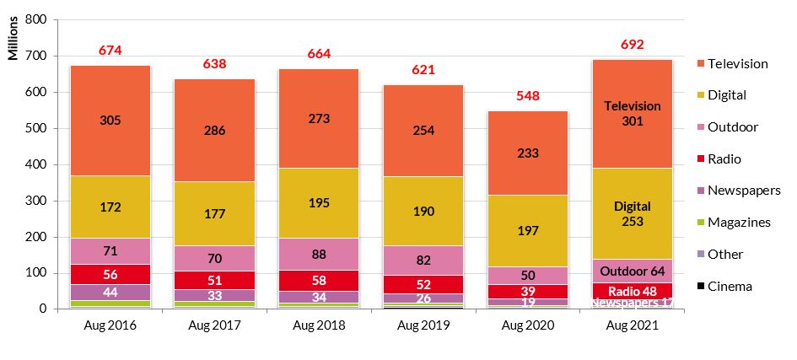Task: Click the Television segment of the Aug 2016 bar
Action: (110, 160)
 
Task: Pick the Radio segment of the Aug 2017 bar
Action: (214, 280)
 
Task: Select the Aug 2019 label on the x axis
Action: (423, 325)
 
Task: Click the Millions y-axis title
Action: (13, 39)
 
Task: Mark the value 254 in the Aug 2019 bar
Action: (423, 132)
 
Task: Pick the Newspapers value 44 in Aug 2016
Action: (110, 292)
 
